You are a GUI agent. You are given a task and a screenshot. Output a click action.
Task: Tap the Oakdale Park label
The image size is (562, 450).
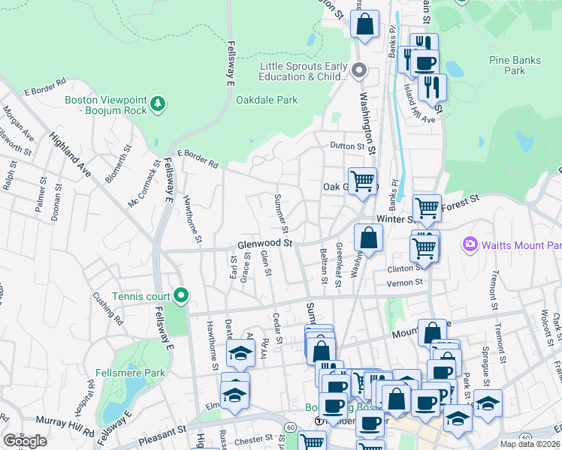(267, 100)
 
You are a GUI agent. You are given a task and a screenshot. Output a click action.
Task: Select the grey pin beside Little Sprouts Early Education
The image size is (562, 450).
(359, 71)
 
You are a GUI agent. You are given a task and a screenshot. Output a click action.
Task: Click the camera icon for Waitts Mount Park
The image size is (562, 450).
(470, 244)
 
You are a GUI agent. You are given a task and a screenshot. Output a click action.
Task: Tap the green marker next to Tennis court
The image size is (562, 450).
(180, 295)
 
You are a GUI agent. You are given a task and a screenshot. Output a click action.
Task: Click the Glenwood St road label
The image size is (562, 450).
(264, 244)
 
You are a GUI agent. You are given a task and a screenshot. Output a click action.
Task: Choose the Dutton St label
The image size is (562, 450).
(347, 146)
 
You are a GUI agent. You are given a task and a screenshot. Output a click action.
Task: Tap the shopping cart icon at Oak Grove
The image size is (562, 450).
(362, 181)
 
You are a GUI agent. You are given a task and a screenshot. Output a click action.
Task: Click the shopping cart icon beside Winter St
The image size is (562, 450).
(427, 207)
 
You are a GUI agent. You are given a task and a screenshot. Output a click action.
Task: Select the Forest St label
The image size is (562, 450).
(464, 201)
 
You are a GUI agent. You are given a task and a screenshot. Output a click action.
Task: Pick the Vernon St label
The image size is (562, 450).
(406, 283)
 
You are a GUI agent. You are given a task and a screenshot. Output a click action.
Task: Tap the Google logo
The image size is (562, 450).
(26, 441)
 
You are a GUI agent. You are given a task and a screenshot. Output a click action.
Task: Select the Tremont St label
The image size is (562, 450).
(494, 293)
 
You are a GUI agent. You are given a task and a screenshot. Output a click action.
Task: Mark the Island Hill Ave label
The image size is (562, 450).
(420, 105)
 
